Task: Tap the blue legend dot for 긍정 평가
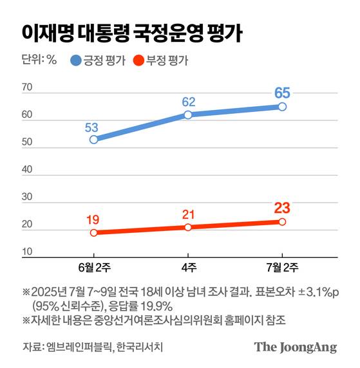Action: [77, 62]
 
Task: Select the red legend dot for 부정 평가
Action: [138, 62]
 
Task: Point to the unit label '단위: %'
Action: [39, 62]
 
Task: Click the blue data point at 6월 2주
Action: [93, 140]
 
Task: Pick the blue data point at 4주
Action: [188, 115]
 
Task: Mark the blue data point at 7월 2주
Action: [282, 106]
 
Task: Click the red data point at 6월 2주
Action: [93, 232]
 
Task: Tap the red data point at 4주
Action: [188, 227]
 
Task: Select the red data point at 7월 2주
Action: [282, 221]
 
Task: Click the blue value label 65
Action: [282, 93]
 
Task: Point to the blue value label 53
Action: [93, 126]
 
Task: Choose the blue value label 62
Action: [188, 101]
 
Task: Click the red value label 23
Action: [282, 208]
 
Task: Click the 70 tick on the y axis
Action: [27, 87]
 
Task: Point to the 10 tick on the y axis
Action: [27, 252]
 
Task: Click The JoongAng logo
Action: [296, 347]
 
